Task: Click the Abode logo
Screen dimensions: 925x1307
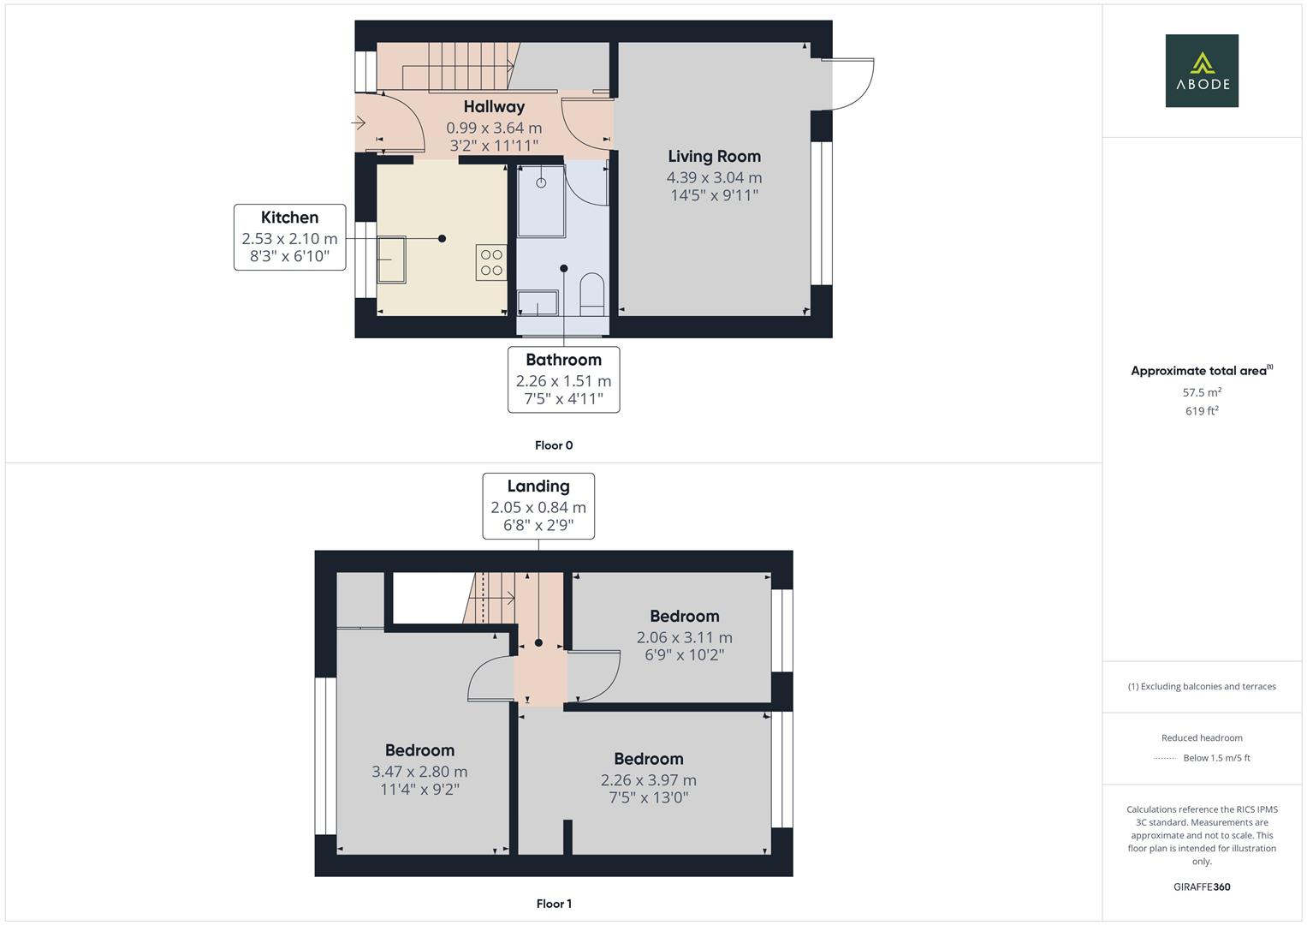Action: (1202, 71)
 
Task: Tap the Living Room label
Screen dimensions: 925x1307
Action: (714, 156)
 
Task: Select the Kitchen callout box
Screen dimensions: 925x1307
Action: (290, 237)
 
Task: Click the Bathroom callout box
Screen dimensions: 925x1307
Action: (563, 379)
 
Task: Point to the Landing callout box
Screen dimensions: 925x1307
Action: (538, 506)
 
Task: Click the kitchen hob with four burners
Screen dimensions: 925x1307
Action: (491, 263)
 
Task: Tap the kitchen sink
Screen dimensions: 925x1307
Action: (393, 260)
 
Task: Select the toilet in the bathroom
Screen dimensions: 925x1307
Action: (591, 291)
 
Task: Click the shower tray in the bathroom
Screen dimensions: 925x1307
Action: (541, 201)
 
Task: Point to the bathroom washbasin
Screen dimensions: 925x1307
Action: (538, 302)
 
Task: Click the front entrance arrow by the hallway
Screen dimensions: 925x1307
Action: (359, 123)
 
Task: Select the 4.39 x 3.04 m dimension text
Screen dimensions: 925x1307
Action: (714, 177)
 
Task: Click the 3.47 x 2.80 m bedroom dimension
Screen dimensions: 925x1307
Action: (419, 772)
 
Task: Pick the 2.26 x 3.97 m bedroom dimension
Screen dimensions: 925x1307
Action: (648, 780)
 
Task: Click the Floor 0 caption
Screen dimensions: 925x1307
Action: (554, 445)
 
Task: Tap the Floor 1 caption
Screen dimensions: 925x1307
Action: (554, 904)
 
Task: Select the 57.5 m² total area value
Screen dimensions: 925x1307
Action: (1202, 392)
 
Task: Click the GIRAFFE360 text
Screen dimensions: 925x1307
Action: (1202, 887)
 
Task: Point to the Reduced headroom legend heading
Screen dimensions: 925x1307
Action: (1202, 737)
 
